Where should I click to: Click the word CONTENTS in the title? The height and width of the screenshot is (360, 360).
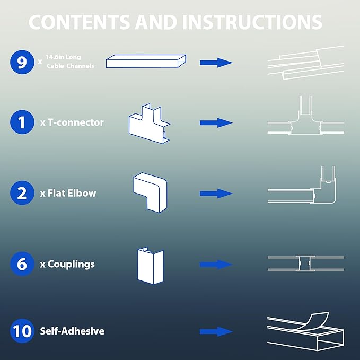[80, 22]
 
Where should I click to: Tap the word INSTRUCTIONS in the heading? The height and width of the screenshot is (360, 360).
[252, 22]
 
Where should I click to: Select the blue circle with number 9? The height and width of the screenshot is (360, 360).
[22, 62]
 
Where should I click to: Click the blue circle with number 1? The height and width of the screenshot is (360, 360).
[22, 122]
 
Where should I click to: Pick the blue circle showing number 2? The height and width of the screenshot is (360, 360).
[22, 193]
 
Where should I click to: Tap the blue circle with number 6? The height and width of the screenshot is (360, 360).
[22, 264]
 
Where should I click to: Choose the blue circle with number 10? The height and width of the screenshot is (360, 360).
[22, 331]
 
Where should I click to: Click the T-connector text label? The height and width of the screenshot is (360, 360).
[72, 122]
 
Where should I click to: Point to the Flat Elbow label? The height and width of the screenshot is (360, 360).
[68, 193]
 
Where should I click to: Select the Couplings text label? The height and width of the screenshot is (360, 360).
[67, 264]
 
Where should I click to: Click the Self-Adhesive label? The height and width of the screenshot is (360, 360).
[72, 331]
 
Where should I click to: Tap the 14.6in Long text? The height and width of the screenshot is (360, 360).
[63, 57]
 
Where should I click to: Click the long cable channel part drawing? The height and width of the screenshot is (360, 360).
[146, 61]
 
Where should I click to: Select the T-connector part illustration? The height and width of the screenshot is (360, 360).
[149, 124]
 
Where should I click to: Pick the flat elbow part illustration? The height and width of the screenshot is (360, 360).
[150, 192]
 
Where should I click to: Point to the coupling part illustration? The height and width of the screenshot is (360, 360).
[151, 266]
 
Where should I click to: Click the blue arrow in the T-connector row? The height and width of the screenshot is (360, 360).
[216, 123]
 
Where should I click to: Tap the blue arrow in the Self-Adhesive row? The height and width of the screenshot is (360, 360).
[216, 331]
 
